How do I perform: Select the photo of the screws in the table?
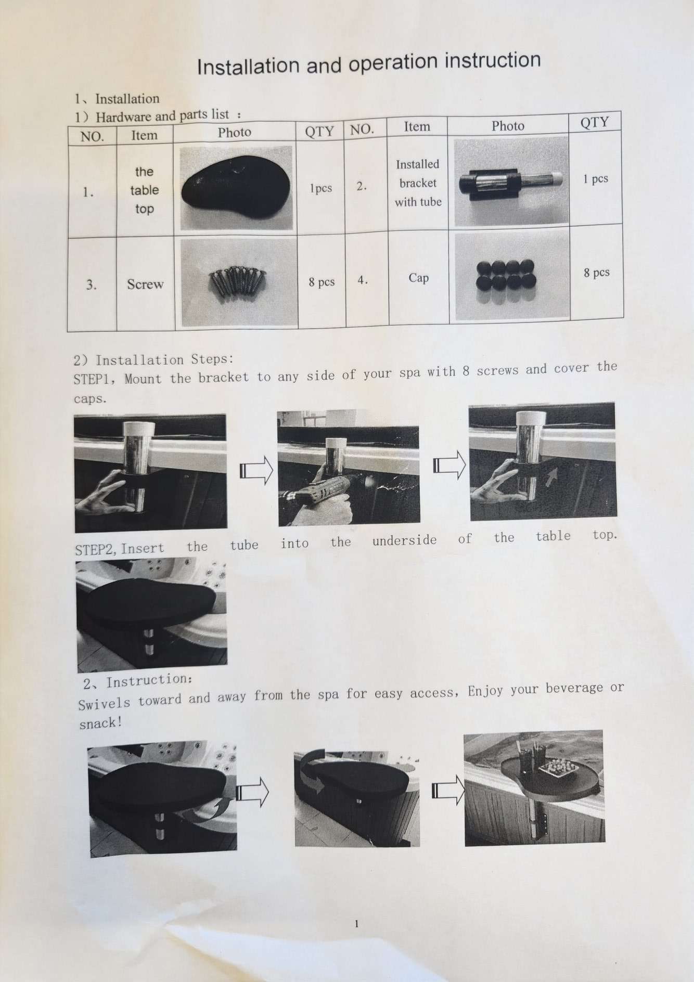(x=239, y=283)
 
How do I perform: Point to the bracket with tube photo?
(x=510, y=182)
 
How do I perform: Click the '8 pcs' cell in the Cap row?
(x=596, y=273)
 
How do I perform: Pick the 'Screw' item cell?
(x=145, y=284)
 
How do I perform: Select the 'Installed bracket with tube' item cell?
(x=418, y=183)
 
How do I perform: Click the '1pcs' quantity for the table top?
(x=320, y=188)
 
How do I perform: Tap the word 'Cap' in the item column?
(x=418, y=278)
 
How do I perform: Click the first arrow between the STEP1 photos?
(x=256, y=470)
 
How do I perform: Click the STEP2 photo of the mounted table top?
(x=151, y=614)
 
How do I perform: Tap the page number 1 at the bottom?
(x=356, y=924)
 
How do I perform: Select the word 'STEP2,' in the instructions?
(x=97, y=549)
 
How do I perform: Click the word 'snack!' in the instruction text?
(x=100, y=723)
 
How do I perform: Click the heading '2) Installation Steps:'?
(x=153, y=360)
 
